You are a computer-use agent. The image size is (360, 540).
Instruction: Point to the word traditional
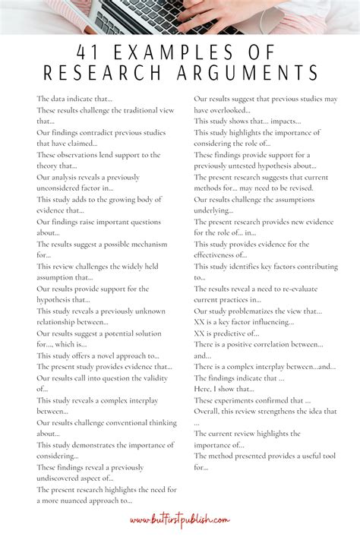[x=135, y=109]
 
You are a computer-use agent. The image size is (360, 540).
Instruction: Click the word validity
[x=157, y=377]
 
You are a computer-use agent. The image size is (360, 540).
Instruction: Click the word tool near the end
[x=329, y=455]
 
